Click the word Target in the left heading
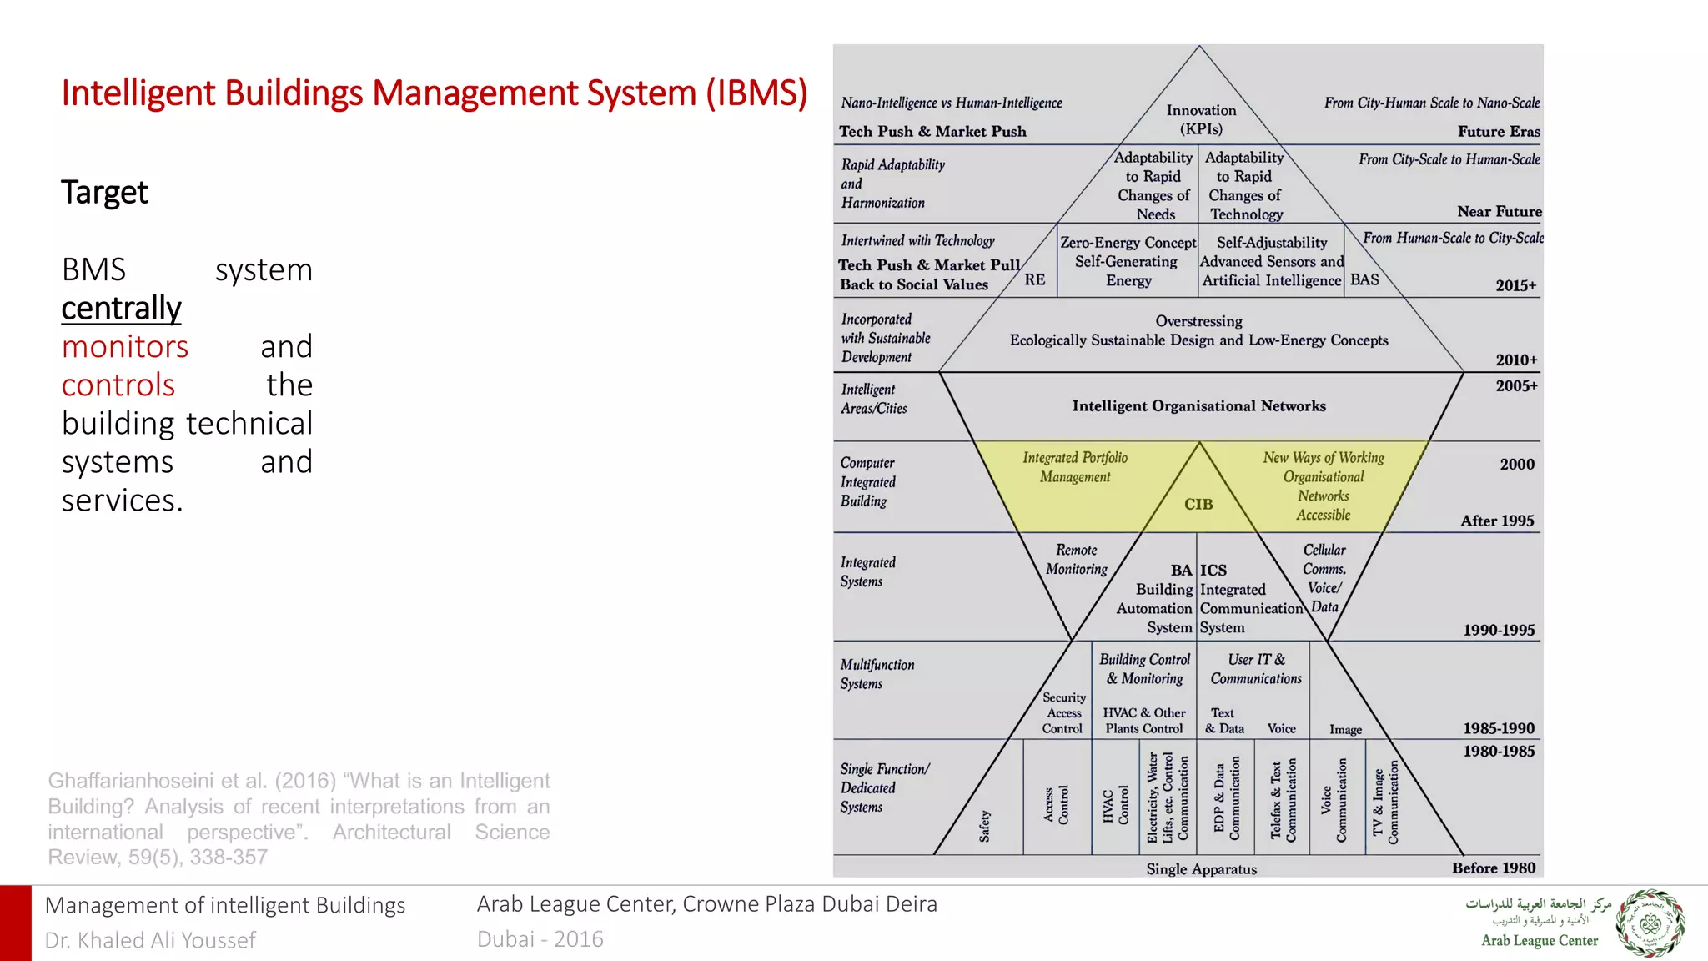point(104,193)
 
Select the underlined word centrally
point(121,309)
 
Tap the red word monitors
point(125,347)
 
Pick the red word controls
point(118,385)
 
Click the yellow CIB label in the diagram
point(1198,504)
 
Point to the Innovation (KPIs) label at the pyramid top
point(1201,119)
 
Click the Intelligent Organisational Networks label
point(1198,406)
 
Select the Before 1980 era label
point(1493,868)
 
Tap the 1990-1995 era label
point(1499,630)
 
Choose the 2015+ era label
point(1515,285)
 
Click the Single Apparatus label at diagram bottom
point(1201,868)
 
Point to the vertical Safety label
point(985,825)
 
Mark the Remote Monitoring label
point(1076,560)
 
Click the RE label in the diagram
point(1034,279)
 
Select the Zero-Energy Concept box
point(1128,261)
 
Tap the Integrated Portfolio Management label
point(1075,467)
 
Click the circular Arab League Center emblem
point(1650,923)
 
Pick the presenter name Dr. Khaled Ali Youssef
point(150,940)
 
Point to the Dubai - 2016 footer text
point(540,939)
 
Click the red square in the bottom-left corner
point(15,923)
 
